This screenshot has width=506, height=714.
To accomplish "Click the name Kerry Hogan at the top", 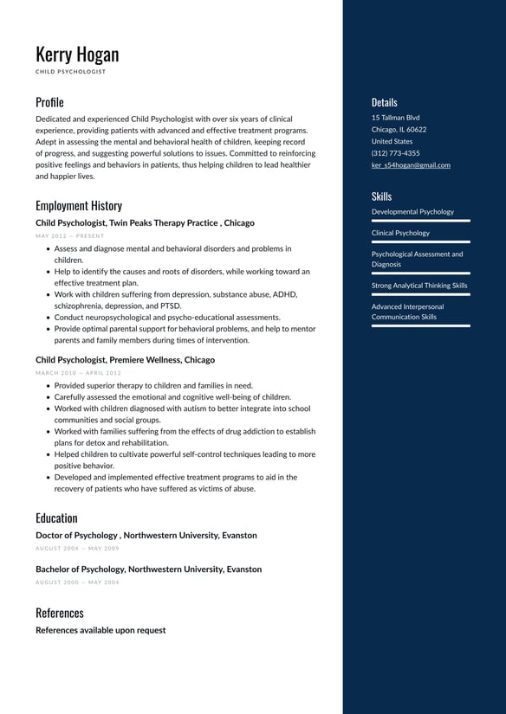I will (77, 55).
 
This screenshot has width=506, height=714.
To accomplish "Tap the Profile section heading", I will (49, 102).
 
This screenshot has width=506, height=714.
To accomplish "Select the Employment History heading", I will (79, 206).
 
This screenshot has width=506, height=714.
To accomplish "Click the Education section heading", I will (56, 518).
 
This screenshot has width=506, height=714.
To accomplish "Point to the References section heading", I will (60, 613).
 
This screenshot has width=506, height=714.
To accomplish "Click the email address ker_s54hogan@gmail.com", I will (411, 165).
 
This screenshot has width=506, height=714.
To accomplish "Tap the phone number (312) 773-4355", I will (395, 153).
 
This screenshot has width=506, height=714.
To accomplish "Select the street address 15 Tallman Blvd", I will (395, 118).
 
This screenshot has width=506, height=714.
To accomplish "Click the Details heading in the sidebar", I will (385, 102).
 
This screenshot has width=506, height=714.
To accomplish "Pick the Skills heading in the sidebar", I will (381, 196).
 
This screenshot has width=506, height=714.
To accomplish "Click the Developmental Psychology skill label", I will (412, 212).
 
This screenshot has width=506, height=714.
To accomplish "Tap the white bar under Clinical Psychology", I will (420, 242).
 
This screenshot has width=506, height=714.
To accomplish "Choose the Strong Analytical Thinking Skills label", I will (419, 286).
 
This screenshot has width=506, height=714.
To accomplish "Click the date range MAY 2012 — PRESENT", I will (69, 236).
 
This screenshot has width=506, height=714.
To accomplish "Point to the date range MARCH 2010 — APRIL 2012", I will (78, 373).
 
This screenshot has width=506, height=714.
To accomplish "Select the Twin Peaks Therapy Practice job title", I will (145, 223).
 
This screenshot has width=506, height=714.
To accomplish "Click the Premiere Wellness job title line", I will (125, 360).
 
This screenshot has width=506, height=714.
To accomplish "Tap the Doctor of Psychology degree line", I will (146, 536).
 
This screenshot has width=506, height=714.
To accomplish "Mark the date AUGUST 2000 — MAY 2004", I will (77, 582).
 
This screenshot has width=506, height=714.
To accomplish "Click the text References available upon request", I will (101, 630).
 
